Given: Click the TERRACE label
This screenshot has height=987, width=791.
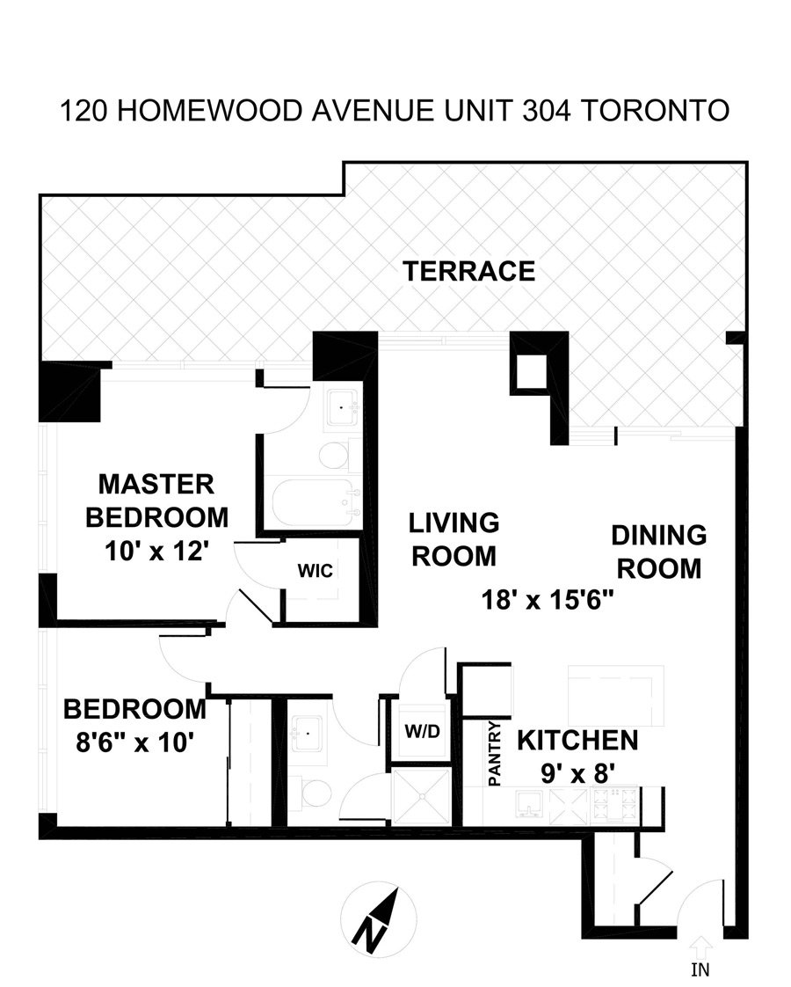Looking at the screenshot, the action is (x=469, y=271).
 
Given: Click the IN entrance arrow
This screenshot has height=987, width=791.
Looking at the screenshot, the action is (x=700, y=947).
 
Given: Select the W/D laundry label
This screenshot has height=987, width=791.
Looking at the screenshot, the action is (x=422, y=731).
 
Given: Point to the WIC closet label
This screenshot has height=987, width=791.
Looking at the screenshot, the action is (x=315, y=571).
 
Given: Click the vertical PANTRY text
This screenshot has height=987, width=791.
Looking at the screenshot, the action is (x=496, y=754).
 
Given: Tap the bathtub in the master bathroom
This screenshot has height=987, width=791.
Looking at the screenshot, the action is (x=313, y=503).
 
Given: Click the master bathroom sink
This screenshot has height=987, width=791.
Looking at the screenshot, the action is (x=341, y=407).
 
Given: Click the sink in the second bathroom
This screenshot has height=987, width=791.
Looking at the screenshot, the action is (x=308, y=734).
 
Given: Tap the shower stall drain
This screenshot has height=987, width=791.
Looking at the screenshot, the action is (x=422, y=796).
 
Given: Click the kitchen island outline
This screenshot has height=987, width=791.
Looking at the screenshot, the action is (x=616, y=695).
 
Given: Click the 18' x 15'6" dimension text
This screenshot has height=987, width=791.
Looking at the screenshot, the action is (x=547, y=600).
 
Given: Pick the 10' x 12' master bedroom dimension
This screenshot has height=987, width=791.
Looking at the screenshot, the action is (x=156, y=552).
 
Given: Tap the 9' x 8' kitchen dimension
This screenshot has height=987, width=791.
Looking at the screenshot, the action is (x=577, y=773).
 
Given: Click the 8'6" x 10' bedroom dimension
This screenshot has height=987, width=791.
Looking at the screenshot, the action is (x=134, y=742).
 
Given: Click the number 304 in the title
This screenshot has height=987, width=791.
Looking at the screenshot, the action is (x=547, y=111).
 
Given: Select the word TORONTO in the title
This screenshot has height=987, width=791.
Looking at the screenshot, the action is (x=655, y=111).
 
